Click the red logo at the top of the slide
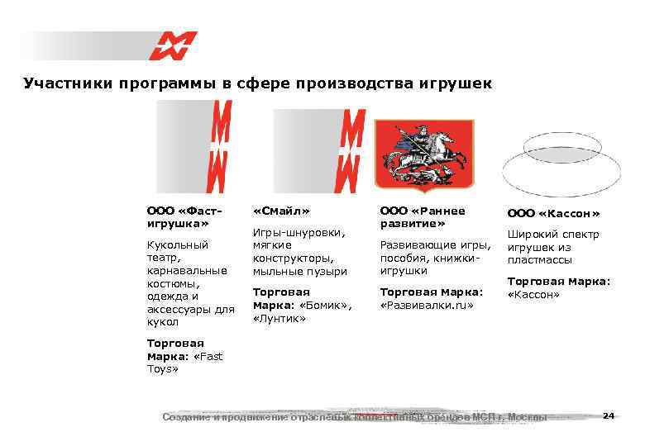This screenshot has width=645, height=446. click(x=173, y=45)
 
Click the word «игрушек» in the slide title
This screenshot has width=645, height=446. click(x=451, y=83)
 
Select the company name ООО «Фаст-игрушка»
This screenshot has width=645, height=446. click(x=178, y=216)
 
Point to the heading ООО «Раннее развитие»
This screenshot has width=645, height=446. click(x=422, y=216)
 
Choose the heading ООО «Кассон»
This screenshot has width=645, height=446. click(x=553, y=213)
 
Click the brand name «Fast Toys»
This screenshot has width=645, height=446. click(x=184, y=363)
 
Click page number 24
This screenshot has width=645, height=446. click(x=609, y=415)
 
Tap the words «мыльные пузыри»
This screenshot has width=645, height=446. click(x=299, y=271)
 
